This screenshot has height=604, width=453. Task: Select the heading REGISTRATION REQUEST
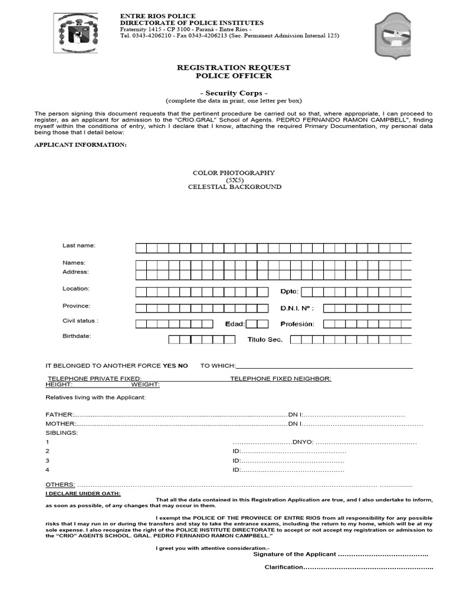coord(234,68)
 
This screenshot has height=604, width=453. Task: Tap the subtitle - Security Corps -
coord(234,93)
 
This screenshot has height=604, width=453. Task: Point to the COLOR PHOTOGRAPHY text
coord(234,173)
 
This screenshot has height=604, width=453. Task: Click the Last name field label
coord(78,245)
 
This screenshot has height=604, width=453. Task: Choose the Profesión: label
coord(297,324)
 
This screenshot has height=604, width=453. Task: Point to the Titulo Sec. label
coord(265,340)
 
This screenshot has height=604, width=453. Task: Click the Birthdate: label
coord(77,336)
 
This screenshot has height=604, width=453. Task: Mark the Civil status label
coord(80,321)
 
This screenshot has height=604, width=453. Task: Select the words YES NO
coord(175,366)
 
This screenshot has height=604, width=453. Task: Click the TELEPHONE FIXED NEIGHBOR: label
coord(281,379)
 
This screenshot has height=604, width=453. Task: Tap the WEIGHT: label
coord(145,385)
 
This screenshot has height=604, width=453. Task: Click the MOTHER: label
coord(61,424)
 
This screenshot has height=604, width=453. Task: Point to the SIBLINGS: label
coord(61,432)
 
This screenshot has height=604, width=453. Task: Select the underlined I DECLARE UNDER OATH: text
coord(83,493)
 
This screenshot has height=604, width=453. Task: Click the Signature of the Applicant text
coord(294,554)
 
